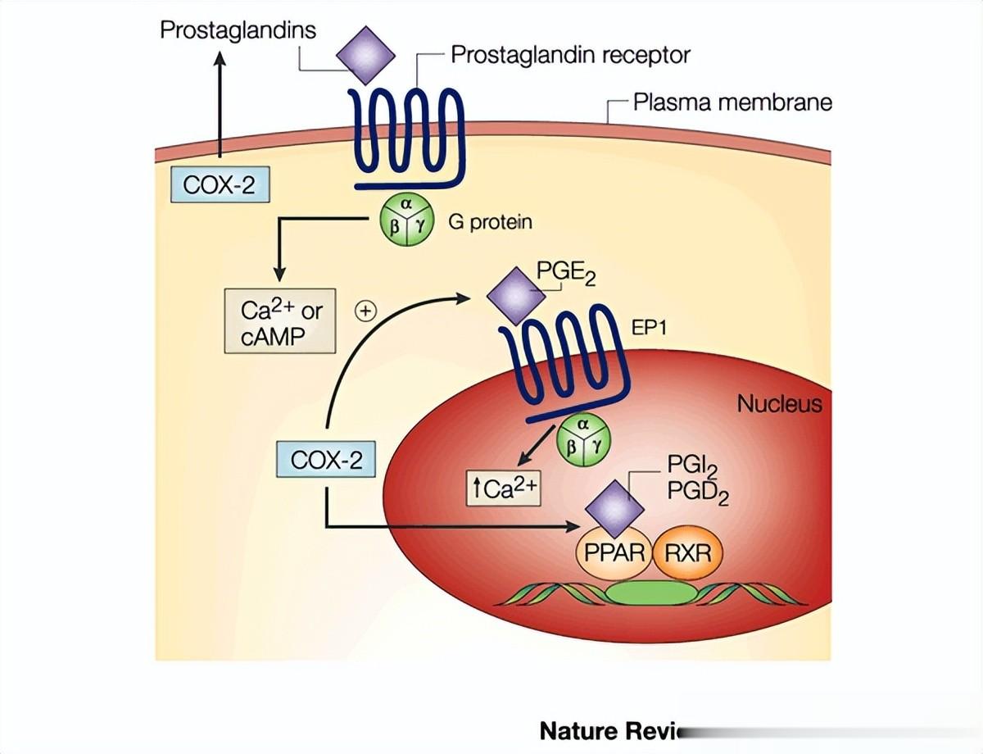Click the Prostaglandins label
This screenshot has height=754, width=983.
238,31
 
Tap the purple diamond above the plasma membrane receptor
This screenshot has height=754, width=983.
366,55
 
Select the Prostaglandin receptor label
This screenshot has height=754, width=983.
570,56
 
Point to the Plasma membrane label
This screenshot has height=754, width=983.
732,102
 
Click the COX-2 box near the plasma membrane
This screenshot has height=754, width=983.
219,184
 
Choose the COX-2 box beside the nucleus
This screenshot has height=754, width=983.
327,460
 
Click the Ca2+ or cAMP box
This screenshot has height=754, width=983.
280,320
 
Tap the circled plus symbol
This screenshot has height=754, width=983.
365,311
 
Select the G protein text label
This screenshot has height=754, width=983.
490,221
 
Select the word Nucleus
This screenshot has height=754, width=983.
778,404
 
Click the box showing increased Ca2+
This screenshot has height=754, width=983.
503,488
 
